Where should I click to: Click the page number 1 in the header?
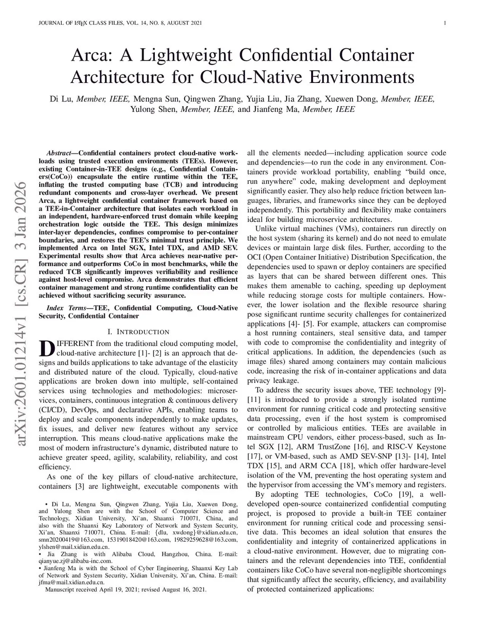point(446,23)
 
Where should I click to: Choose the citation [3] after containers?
point(80,486)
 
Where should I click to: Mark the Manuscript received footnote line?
point(126,590)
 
